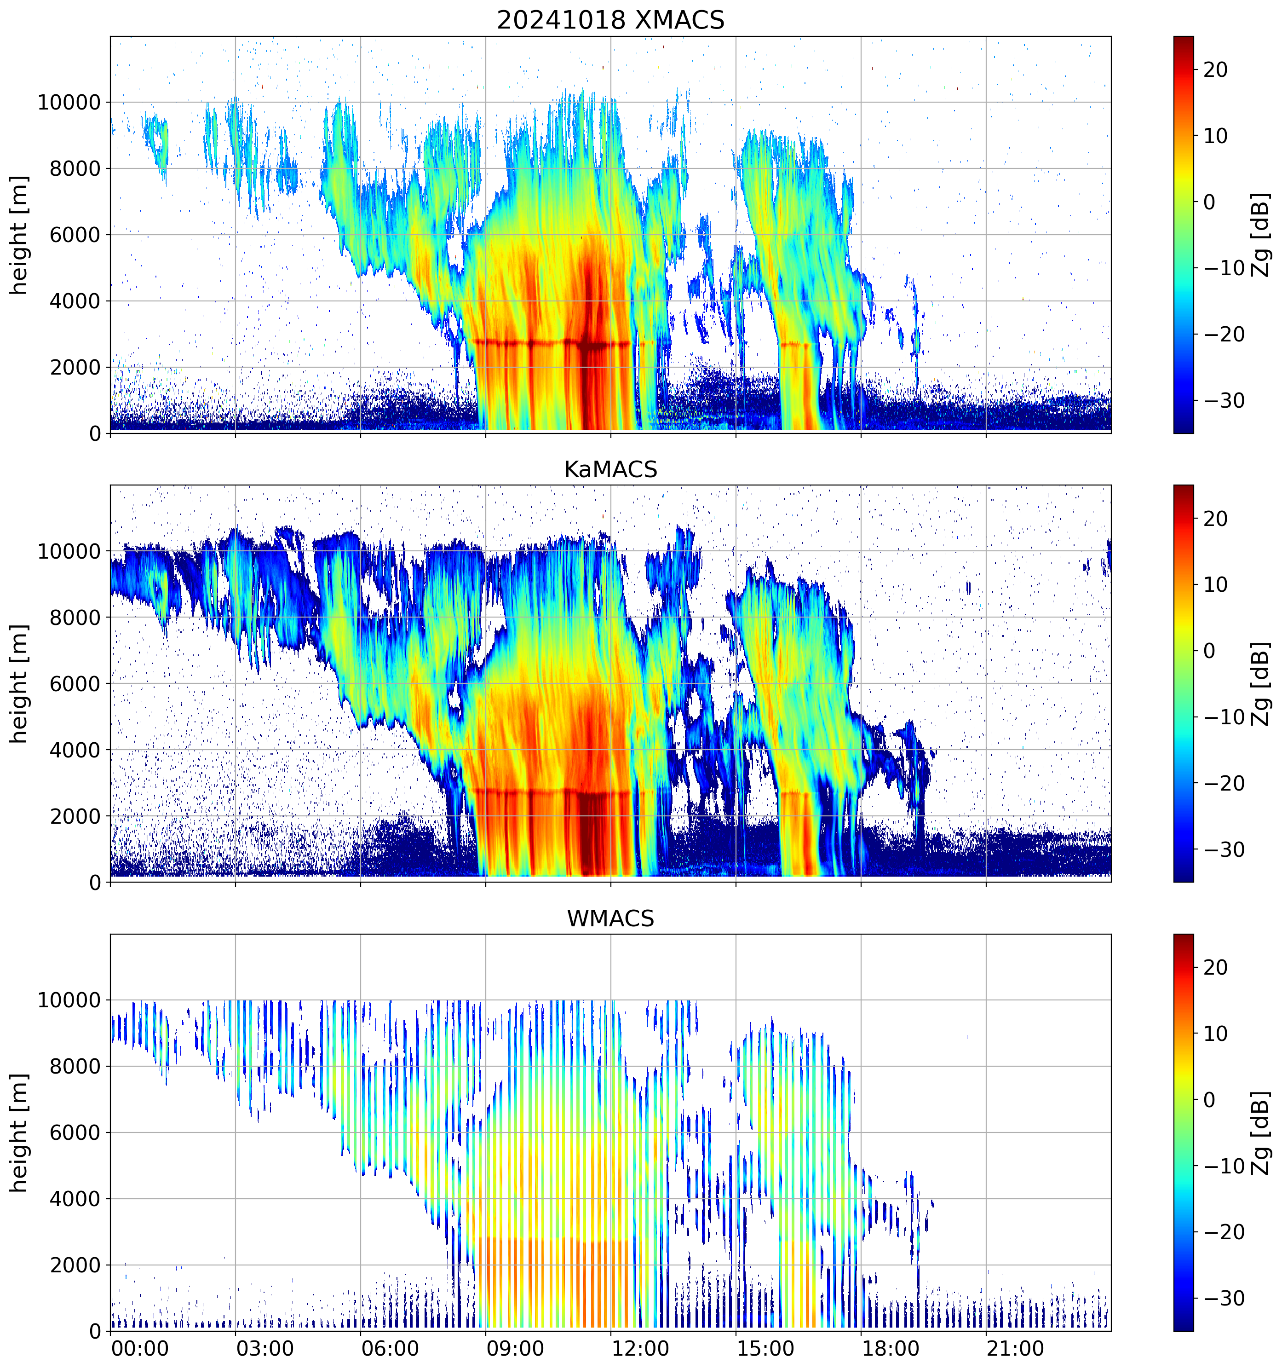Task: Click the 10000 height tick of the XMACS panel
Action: pos(69,103)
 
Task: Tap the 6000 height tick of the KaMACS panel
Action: pos(75,684)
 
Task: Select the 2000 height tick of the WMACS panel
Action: pos(75,1265)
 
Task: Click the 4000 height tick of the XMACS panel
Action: pos(75,301)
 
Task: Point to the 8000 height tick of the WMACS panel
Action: pos(75,1067)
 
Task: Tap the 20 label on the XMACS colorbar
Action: pos(1215,69)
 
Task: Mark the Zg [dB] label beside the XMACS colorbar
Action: pos(1260,235)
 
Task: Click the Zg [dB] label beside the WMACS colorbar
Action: pos(1260,1133)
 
